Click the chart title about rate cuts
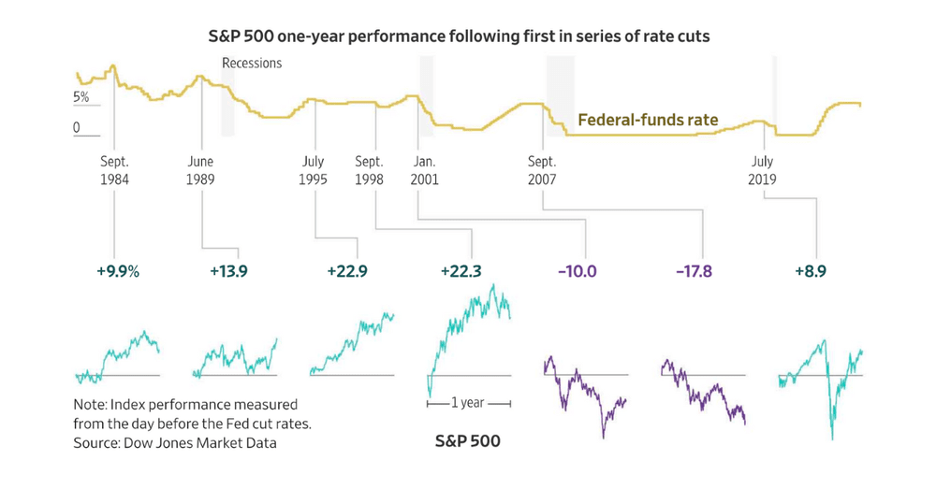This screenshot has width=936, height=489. (468, 38)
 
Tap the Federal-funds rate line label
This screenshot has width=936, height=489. (648, 120)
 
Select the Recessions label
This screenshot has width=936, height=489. (252, 64)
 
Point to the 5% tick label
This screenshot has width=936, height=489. (82, 98)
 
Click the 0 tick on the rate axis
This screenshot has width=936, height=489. (78, 128)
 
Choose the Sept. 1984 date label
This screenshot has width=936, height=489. (114, 170)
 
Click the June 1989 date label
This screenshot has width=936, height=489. (201, 170)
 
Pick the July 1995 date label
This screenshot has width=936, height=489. (313, 170)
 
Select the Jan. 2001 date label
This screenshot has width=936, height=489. (424, 170)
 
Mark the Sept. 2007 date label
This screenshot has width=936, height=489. (542, 170)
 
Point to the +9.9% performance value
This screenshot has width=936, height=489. (117, 272)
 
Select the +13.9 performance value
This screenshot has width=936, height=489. (229, 272)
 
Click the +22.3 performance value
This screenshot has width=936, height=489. (461, 272)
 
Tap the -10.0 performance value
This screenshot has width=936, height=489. (577, 272)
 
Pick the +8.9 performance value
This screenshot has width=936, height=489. (812, 272)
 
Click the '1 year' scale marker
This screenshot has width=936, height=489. (468, 404)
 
